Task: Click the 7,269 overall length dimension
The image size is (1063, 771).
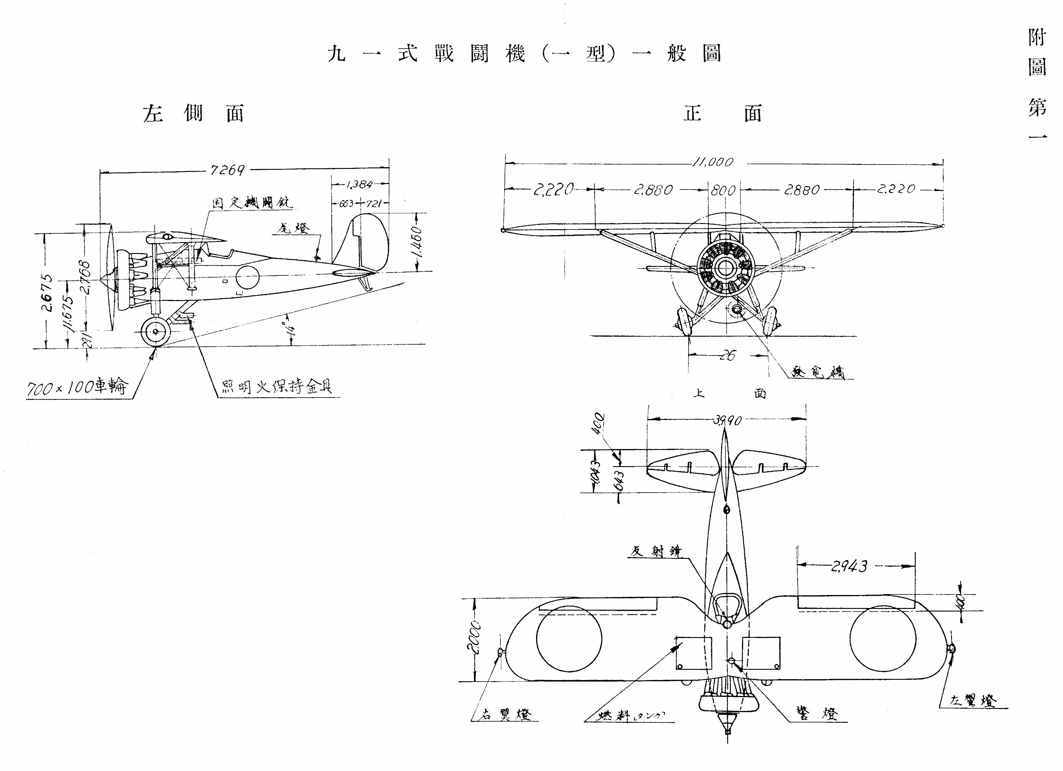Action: click(x=228, y=170)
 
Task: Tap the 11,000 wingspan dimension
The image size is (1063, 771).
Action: click(x=712, y=162)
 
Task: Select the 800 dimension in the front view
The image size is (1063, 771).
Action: click(x=723, y=190)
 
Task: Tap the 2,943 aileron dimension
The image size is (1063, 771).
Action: click(x=849, y=566)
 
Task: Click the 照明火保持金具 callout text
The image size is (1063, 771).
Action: click(x=277, y=387)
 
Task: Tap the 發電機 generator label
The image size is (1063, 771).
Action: click(x=817, y=372)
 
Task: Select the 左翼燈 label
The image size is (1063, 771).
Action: click(x=973, y=701)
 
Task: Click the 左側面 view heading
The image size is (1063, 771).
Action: click(x=194, y=114)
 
